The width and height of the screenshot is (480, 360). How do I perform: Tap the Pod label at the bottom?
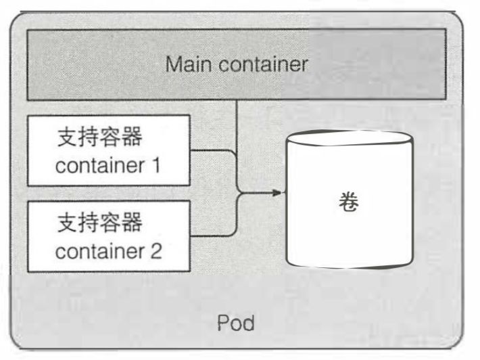[236, 323]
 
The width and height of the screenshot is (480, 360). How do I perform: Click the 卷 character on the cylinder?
[350, 202]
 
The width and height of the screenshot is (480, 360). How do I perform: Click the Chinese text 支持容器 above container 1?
[101, 137]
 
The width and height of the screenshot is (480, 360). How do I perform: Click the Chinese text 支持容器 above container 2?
[101, 222]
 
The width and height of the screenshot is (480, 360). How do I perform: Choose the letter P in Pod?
[222, 323]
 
